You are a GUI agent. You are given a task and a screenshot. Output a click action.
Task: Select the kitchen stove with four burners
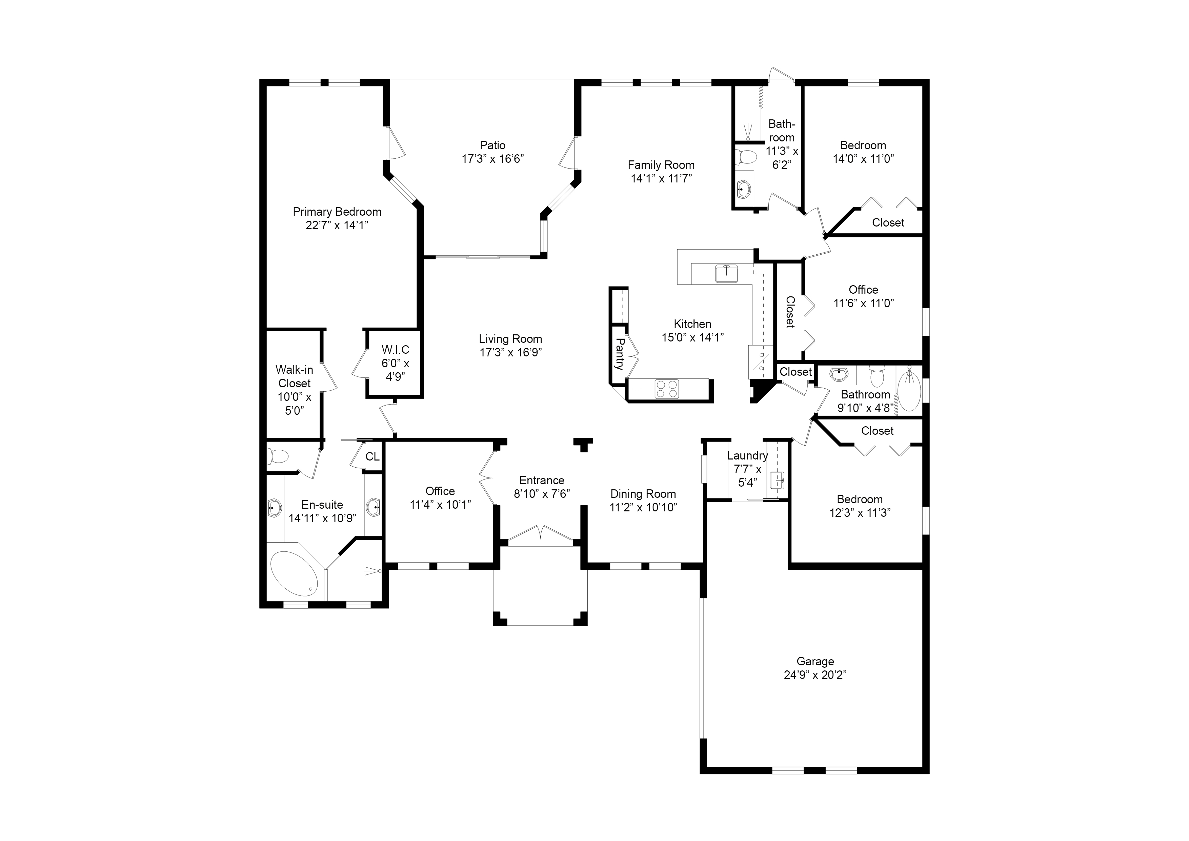click(x=667, y=389)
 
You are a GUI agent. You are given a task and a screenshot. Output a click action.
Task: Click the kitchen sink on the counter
click(x=727, y=273)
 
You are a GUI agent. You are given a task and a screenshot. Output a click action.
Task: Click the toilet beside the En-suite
click(x=278, y=456)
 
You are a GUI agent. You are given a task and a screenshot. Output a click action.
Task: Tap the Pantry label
click(x=619, y=354)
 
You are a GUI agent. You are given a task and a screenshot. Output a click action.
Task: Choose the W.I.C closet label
click(x=395, y=350)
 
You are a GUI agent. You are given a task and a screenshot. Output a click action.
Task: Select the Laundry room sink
click(x=777, y=480)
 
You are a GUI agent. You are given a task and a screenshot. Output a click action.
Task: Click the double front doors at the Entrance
click(x=540, y=534)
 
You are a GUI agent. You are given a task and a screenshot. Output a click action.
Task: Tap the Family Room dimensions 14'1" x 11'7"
click(x=661, y=179)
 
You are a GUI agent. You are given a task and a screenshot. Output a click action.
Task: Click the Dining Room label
click(x=643, y=494)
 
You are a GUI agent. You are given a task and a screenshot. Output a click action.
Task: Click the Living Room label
click(x=510, y=339)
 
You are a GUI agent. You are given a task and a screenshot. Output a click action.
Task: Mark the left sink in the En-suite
click(x=274, y=508)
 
